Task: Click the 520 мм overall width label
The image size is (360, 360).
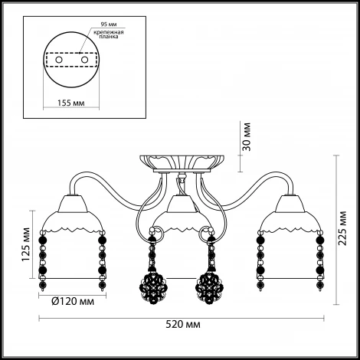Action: [183, 325]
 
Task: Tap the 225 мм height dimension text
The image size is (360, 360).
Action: [342, 228]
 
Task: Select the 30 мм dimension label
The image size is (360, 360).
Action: [247, 137]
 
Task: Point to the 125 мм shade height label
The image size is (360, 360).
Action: [26, 244]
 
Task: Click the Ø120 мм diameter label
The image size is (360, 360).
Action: [73, 302]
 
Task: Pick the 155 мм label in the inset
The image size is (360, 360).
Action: [70, 103]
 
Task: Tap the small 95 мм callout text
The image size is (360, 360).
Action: [109, 25]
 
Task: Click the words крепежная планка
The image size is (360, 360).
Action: [109, 34]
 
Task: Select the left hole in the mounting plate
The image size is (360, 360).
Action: [59, 60]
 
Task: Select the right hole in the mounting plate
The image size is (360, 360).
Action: [84, 60]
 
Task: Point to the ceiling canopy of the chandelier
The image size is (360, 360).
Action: [182, 163]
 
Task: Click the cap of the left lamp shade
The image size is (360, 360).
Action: [73, 204]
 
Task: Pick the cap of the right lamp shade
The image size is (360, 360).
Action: [290, 204]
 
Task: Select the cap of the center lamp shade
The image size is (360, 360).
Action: [182, 204]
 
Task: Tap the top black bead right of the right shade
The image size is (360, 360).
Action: [319, 240]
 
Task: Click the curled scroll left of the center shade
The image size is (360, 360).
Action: [159, 231]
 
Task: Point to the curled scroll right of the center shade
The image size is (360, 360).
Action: [205, 231]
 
